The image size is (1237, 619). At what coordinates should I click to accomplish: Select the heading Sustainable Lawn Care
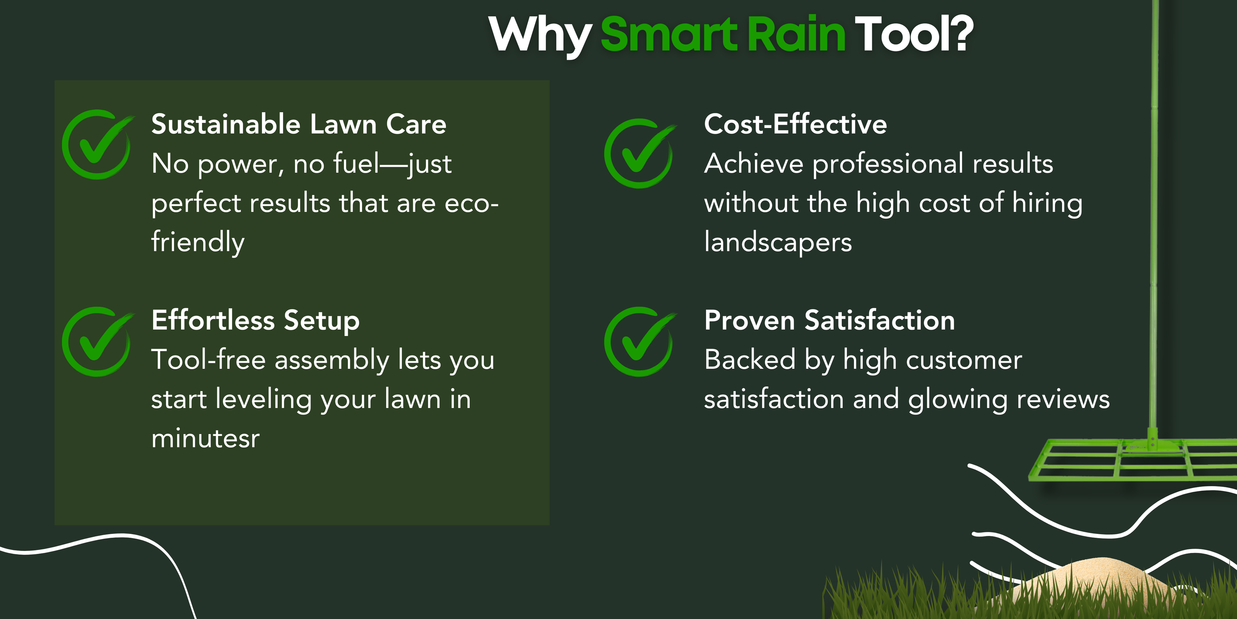point(299,124)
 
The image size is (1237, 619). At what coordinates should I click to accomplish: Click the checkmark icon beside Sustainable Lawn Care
point(98,144)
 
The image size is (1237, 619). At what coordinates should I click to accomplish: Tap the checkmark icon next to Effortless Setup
point(98,342)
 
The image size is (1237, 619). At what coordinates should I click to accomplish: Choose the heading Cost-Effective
point(795,124)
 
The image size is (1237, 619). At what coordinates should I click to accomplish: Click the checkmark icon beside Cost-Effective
point(640,153)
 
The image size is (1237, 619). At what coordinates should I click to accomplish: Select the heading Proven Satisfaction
point(829,320)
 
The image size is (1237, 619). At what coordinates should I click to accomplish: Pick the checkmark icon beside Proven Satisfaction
point(640,342)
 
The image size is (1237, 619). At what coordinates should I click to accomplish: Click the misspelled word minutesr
point(206,438)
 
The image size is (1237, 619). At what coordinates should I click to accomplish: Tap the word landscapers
point(778,242)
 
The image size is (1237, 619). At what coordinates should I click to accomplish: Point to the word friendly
point(198,242)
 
